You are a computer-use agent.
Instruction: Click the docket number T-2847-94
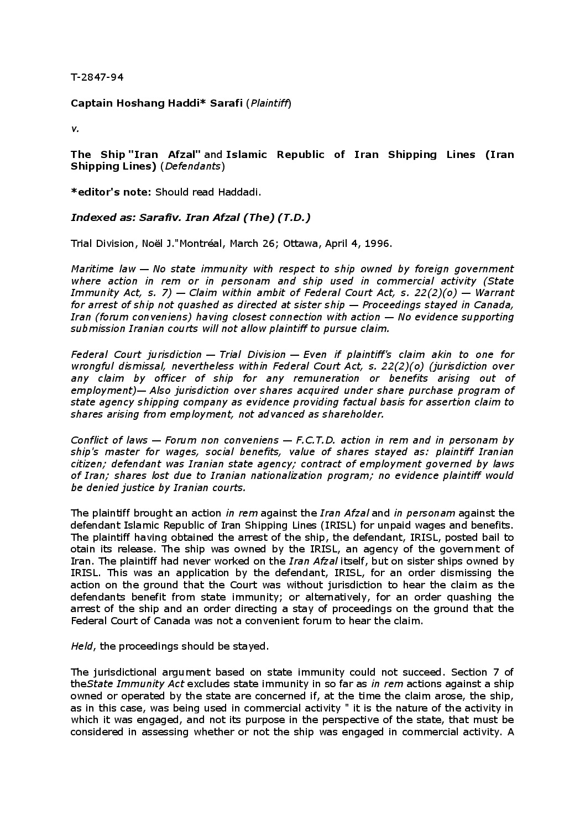(97, 77)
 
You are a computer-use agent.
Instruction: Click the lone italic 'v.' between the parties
(75, 129)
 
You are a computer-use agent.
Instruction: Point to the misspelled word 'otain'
(83, 549)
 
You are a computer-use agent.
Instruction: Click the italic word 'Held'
(81, 646)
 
